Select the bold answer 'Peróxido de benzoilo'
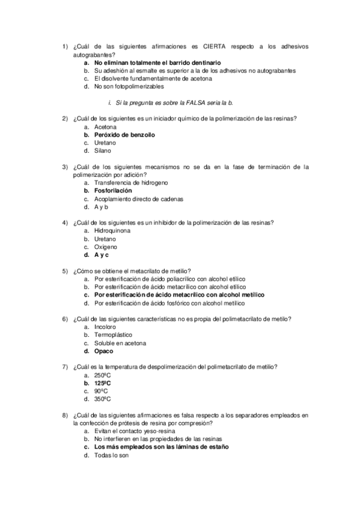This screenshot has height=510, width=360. click(124, 135)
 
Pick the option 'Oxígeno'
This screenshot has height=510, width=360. click(106, 247)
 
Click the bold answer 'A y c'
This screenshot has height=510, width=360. click(102, 255)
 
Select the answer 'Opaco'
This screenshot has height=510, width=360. click(104, 351)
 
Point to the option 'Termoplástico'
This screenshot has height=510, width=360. click(113, 335)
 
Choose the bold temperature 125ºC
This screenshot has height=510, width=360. click(103, 382)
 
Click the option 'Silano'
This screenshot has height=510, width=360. click(103, 151)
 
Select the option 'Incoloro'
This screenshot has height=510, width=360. click(106, 327)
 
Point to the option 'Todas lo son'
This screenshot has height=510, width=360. click(111, 455)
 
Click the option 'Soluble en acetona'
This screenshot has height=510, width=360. click(120, 343)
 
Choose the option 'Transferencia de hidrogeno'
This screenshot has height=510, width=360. click(131, 182)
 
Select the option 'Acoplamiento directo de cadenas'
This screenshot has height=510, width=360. click(139, 198)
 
